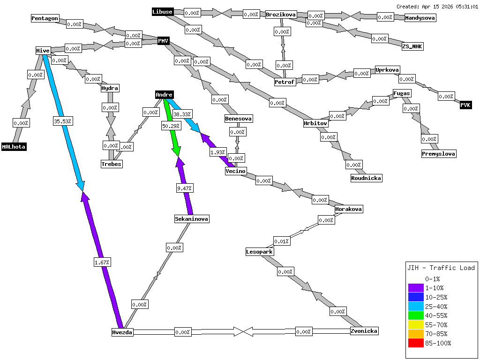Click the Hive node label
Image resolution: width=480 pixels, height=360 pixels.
(43, 51)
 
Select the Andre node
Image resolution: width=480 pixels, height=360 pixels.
(164, 95)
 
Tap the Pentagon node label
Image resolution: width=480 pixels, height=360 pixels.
(45, 18)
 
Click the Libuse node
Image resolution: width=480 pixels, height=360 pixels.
(163, 12)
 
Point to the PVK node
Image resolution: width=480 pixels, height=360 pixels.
(465, 105)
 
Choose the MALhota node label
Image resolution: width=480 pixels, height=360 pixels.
(14, 147)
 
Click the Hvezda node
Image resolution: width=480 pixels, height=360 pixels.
(122, 332)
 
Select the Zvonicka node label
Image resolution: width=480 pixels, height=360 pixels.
(364, 331)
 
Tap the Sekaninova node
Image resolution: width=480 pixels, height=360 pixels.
(191, 219)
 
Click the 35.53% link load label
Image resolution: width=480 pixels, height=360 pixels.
(62, 121)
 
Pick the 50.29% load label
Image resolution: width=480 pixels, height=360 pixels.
(171, 126)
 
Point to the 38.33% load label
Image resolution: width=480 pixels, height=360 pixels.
(182, 114)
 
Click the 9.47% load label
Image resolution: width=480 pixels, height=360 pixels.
(184, 188)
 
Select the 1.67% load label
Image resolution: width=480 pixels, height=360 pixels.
(102, 262)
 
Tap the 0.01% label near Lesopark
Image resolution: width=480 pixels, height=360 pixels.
(281, 241)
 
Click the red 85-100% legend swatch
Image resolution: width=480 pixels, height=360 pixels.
(416, 343)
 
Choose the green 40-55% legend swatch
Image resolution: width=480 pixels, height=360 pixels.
(416, 315)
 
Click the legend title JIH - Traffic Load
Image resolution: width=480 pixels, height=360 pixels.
(441, 268)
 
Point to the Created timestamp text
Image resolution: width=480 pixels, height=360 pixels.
(437, 7)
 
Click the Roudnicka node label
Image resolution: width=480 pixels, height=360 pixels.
(366, 178)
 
